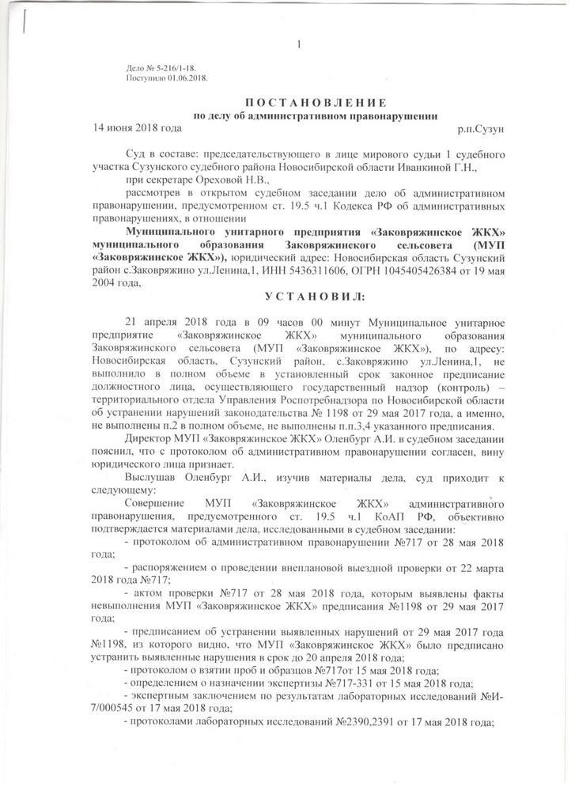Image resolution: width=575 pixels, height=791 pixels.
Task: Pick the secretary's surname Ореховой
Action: pyautogui.click(x=218, y=180)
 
